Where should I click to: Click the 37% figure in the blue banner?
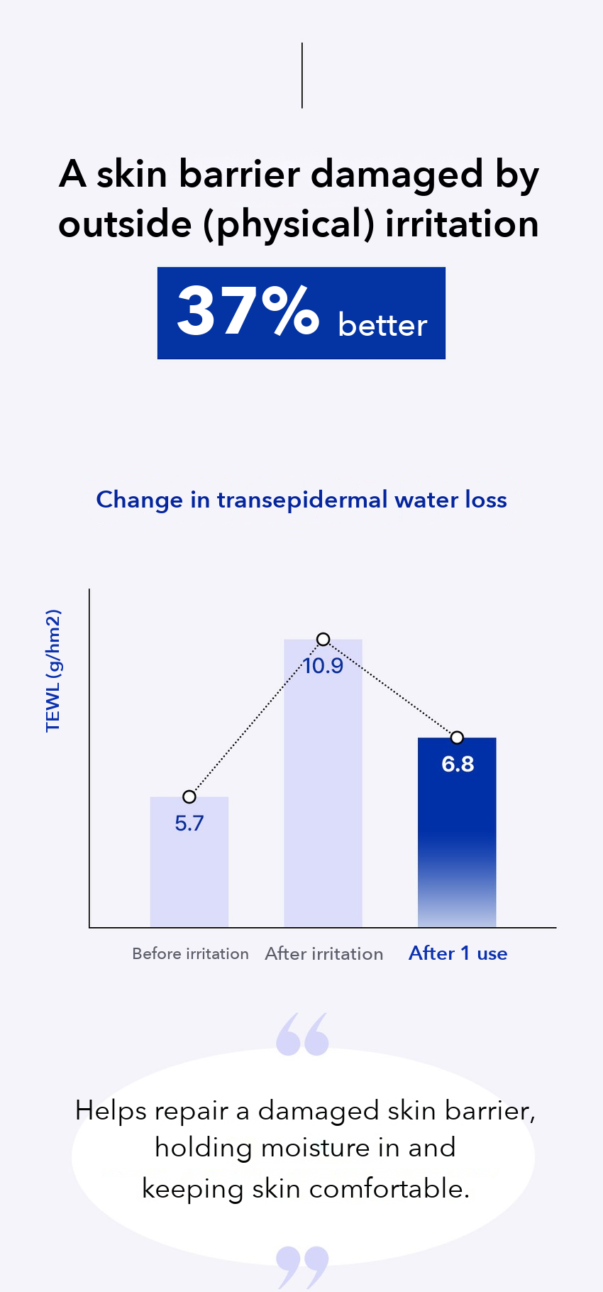(x=248, y=311)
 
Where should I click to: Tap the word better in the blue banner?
(x=382, y=324)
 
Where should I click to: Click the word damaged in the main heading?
(x=397, y=175)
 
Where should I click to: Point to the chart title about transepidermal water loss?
(x=301, y=500)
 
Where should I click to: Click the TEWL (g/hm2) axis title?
(x=53, y=671)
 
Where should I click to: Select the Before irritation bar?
(x=189, y=862)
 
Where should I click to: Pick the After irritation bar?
(x=323, y=783)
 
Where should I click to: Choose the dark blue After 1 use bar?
(x=457, y=832)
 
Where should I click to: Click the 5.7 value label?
(x=189, y=823)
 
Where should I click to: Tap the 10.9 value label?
(x=323, y=666)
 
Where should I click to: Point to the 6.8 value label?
(x=458, y=765)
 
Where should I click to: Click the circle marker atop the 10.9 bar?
(x=323, y=640)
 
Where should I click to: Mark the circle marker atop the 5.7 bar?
(x=189, y=797)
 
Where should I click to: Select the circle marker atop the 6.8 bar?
(x=458, y=738)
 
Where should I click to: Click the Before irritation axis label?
(x=190, y=953)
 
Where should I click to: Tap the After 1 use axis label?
(x=458, y=953)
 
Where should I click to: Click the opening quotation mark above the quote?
(x=302, y=1034)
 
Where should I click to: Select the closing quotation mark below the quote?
(x=302, y=1267)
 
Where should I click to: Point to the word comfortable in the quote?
(x=389, y=1188)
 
